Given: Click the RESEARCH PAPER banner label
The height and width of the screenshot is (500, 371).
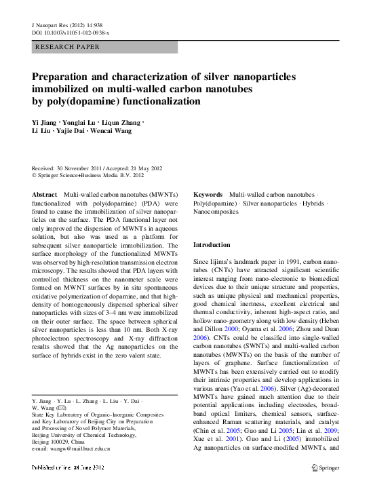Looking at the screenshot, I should click(x=67, y=47).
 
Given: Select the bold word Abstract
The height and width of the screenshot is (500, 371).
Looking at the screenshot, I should click(x=45, y=195).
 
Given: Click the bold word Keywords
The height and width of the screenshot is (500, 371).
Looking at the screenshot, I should click(x=209, y=195).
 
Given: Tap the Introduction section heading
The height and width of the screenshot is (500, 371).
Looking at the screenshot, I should click(x=212, y=244).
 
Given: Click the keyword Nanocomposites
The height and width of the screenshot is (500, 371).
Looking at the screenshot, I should click(x=218, y=212).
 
